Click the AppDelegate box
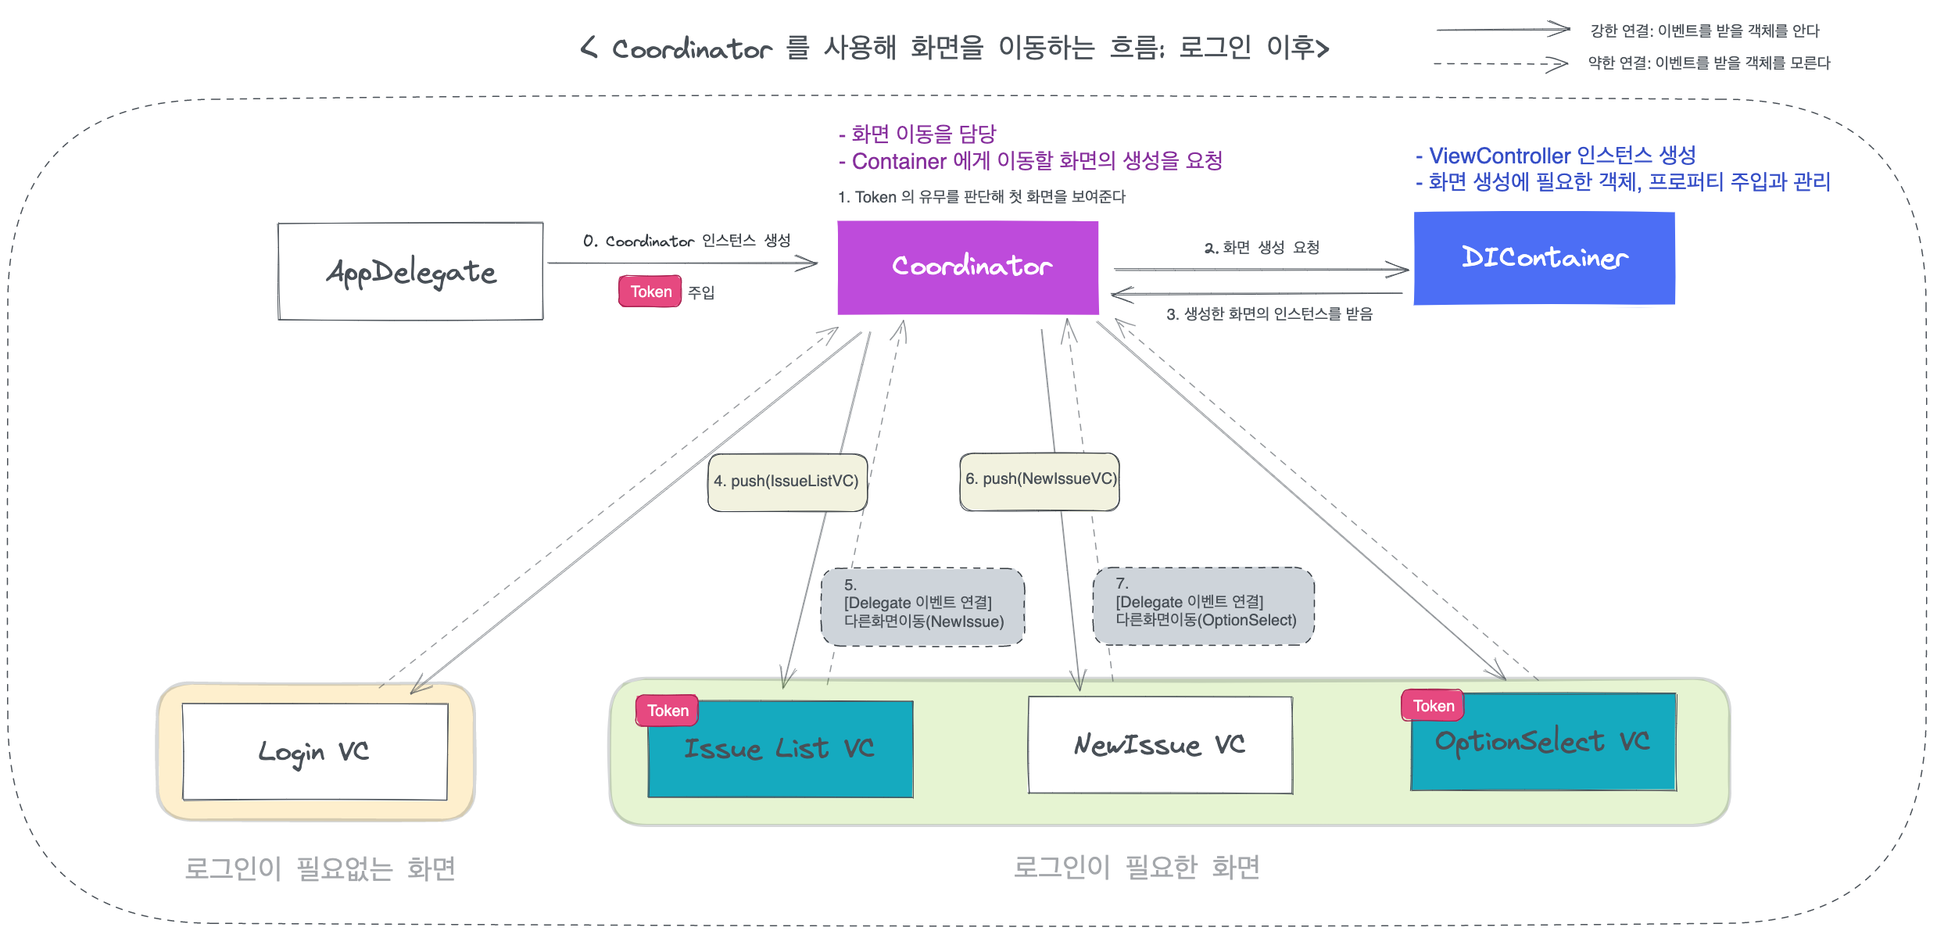pyautogui.click(x=410, y=271)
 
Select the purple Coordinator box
pyautogui.click(x=968, y=267)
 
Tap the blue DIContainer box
pyautogui.click(x=1544, y=258)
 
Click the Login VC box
pyautogui.click(x=315, y=751)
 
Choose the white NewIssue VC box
pyautogui.click(x=1160, y=745)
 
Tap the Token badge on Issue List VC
pyautogui.click(x=668, y=711)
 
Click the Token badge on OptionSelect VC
pyautogui.click(x=1433, y=706)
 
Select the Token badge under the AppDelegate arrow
pyautogui.click(x=650, y=292)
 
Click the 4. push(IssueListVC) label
pyautogui.click(x=786, y=482)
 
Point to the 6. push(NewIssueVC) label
pyautogui.click(x=1040, y=479)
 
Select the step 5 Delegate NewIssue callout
pyautogui.click(x=922, y=607)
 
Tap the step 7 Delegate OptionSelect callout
pyautogui.click(x=1204, y=605)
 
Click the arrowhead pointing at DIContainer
pyautogui.click(x=1399, y=270)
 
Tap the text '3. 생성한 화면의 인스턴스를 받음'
pyautogui.click(x=1269, y=314)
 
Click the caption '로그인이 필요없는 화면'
pyautogui.click(x=320, y=868)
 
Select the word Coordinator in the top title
pyautogui.click(x=692, y=49)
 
